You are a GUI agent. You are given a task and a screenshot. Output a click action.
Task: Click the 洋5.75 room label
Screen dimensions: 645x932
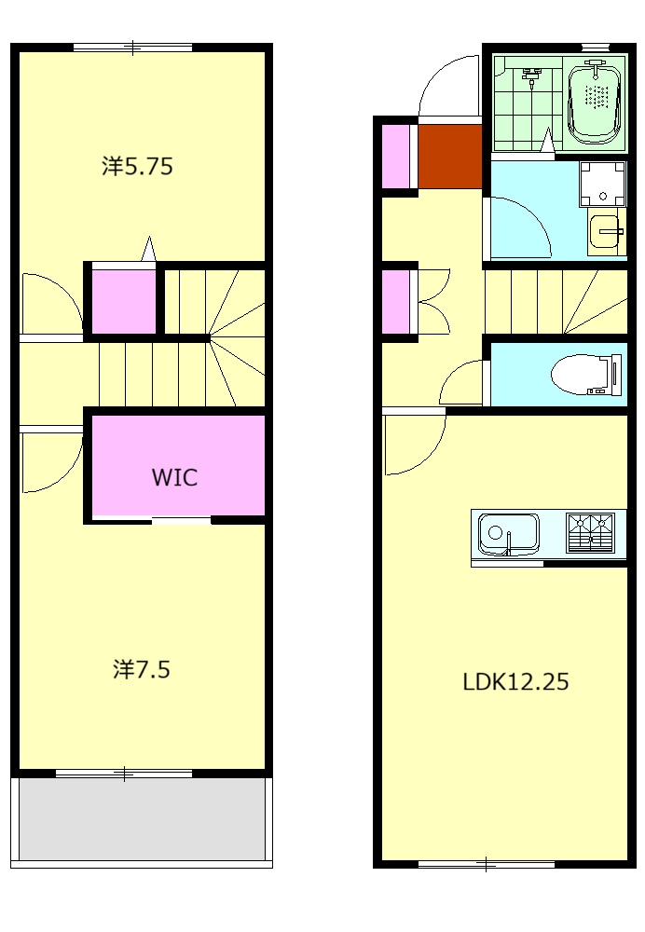pos(137,167)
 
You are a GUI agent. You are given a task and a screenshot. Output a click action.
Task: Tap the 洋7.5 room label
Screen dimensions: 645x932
pos(142,669)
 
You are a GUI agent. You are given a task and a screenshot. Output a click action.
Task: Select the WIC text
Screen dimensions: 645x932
pos(174,477)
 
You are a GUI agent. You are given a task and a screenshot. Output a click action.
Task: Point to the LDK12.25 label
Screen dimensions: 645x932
pos(515,681)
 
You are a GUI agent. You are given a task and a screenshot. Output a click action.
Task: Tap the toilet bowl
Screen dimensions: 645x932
pos(585,375)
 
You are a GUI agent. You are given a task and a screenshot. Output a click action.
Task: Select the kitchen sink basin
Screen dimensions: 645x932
pos(508,533)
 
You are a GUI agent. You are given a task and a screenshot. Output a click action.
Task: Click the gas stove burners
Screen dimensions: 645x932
pos(590,532)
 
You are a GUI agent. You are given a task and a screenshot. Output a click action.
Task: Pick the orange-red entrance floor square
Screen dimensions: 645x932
pos(450,157)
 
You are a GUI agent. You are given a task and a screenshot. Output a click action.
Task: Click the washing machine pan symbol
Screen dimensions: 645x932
pos(603,184)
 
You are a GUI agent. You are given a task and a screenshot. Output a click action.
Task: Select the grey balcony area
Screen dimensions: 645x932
pos(142,818)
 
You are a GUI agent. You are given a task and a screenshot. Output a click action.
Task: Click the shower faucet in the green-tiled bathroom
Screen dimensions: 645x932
pos(531,75)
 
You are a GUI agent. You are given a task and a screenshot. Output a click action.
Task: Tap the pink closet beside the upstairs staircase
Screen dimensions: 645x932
pos(124,301)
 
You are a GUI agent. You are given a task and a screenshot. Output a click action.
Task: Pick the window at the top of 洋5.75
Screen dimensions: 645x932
pos(133,47)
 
